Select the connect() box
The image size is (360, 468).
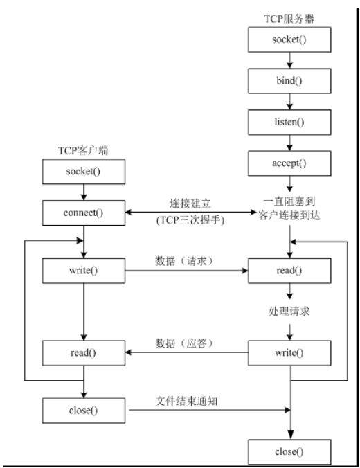82,211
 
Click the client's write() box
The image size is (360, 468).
82,269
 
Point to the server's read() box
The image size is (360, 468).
287,269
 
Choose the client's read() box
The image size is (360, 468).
82,352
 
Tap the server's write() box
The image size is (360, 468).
287,352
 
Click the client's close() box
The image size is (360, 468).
82,410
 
